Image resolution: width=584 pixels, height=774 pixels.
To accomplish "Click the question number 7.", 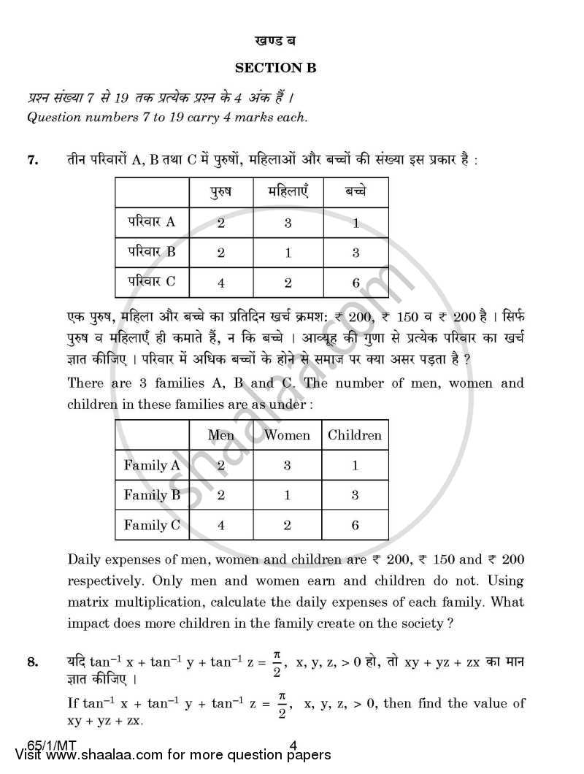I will pos(32,161).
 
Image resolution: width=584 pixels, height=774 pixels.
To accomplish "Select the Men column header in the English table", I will pos(221,435).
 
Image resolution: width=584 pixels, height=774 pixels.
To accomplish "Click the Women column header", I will pos(287,435).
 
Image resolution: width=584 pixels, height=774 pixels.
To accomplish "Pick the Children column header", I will pos(355,435).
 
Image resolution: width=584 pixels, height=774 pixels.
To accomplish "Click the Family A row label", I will pos(151,465).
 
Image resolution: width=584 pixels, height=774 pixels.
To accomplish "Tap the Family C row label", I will pos(151,524).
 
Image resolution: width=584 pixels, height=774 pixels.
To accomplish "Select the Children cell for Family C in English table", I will pos(355,524).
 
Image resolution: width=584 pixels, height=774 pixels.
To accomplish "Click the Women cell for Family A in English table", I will pos(287,465).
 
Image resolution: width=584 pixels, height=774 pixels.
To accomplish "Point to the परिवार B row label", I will pos(150,252).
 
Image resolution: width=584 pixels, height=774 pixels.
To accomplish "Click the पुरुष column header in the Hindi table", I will pos(221,193).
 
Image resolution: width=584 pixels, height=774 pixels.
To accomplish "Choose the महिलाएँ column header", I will pos(287,193).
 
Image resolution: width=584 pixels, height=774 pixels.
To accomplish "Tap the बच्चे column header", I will pos(356,193).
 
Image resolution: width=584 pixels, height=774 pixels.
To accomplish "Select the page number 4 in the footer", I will pos(293,746).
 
